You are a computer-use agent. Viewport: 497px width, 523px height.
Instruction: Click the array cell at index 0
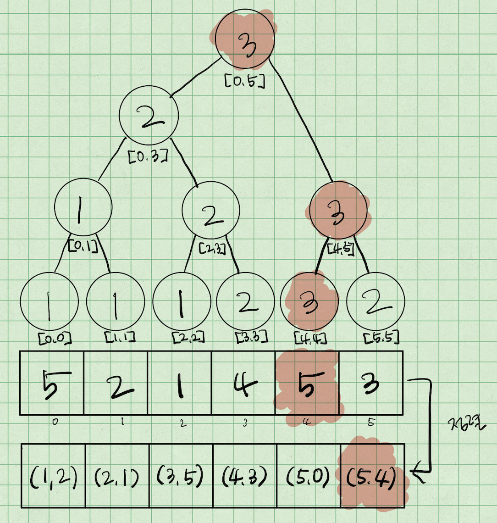pyautogui.click(x=52, y=383)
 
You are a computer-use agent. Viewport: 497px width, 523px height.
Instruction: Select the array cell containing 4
pyautogui.click(x=243, y=383)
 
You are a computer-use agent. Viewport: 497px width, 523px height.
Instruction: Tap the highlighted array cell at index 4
pyautogui.click(x=307, y=383)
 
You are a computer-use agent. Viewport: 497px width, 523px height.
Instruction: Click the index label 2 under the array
pyautogui.click(x=183, y=423)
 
